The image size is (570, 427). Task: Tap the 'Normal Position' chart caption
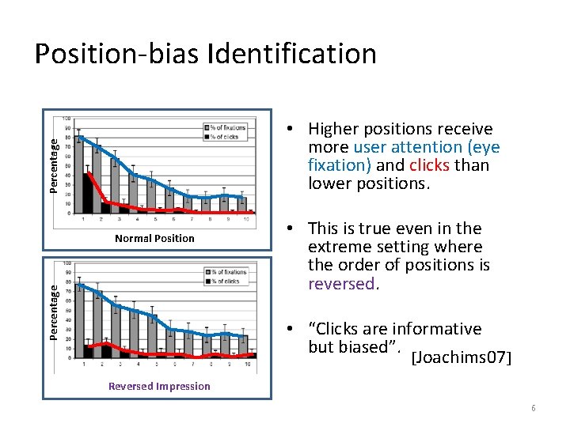point(154,238)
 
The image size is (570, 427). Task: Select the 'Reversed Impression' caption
point(159,386)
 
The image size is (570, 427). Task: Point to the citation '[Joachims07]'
point(462,359)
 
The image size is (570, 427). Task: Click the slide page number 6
point(534,408)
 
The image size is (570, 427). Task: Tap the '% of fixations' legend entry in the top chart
point(226,127)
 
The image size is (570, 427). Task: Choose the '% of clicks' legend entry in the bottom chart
point(226,282)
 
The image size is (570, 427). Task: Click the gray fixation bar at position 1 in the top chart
point(79,174)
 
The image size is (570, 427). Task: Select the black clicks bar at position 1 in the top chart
point(87,192)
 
